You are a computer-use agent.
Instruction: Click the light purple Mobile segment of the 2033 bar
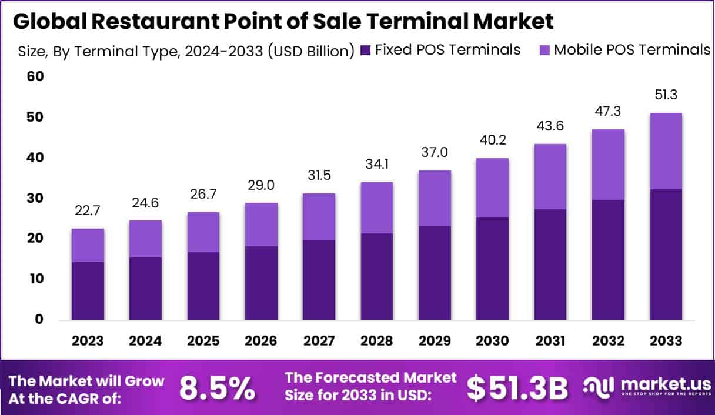point(666,151)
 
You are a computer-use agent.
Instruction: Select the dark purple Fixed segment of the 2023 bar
point(88,290)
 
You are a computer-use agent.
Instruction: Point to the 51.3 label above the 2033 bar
point(666,95)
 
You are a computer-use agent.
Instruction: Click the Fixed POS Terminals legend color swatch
point(365,51)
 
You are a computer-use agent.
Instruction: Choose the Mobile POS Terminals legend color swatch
point(544,51)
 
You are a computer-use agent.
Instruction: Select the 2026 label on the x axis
point(260,341)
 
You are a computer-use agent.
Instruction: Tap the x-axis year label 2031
point(550,341)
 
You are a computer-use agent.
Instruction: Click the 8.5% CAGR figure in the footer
point(217,388)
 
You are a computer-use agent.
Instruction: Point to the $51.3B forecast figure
point(517,388)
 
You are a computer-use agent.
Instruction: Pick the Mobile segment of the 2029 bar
point(435,198)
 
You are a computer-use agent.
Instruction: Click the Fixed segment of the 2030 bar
point(492,269)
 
